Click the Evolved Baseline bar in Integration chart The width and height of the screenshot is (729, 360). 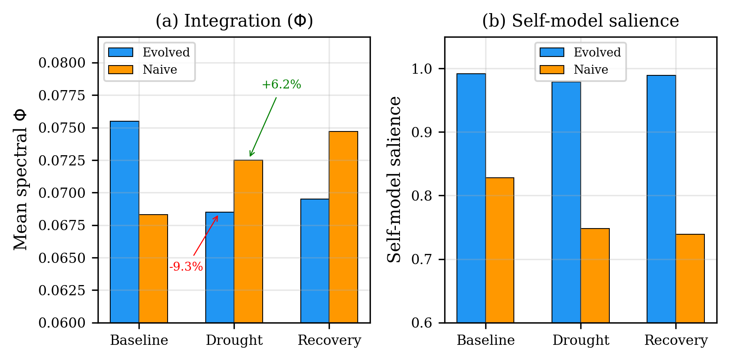pyautogui.click(x=125, y=222)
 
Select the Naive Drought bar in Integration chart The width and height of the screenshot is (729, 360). pyautogui.click(x=248, y=241)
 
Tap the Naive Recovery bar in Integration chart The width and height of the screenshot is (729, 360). pyautogui.click(x=343, y=227)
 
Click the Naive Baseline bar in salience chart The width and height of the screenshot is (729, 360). pyautogui.click(x=500, y=250)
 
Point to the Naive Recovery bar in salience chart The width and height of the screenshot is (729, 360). pyautogui.click(x=690, y=278)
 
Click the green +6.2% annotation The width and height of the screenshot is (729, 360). pyautogui.click(x=281, y=85)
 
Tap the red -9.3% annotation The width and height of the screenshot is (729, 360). pyautogui.click(x=186, y=267)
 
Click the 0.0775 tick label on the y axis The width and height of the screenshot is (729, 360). pyautogui.click(x=62, y=95)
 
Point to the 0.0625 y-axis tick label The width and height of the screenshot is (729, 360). pyautogui.click(x=62, y=290)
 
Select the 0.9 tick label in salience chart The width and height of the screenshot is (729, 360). pyautogui.click(x=422, y=132)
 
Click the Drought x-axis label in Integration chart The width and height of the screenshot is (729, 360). pyautogui.click(x=234, y=340)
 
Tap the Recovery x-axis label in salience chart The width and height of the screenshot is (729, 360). pyautogui.click(x=676, y=340)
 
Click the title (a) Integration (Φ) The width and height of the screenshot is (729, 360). pyautogui.click(x=234, y=21)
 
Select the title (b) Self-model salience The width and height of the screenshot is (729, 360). pyautogui.click(x=580, y=21)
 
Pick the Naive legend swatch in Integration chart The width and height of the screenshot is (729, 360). pyautogui.click(x=120, y=70)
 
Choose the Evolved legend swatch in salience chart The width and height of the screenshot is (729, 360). pyautogui.click(x=552, y=52)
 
